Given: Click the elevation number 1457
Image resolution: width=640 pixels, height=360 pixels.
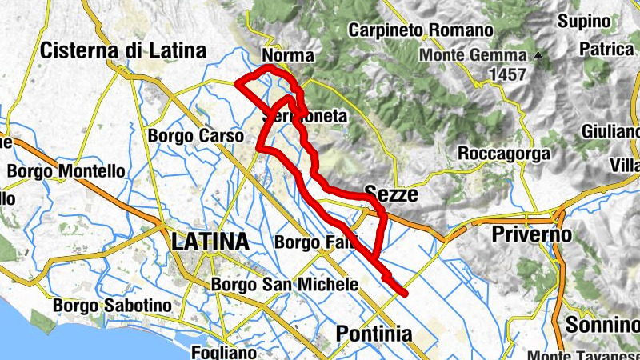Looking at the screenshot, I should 504,74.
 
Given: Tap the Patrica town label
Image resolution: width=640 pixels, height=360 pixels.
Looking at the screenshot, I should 607,49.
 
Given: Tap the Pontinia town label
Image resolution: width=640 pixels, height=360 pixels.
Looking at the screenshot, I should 374,334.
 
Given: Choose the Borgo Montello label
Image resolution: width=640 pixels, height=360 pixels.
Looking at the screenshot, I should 66,171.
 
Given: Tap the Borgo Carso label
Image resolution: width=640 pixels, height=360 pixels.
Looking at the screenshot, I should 195,136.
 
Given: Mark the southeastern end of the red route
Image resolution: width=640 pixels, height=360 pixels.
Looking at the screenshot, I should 407,294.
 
